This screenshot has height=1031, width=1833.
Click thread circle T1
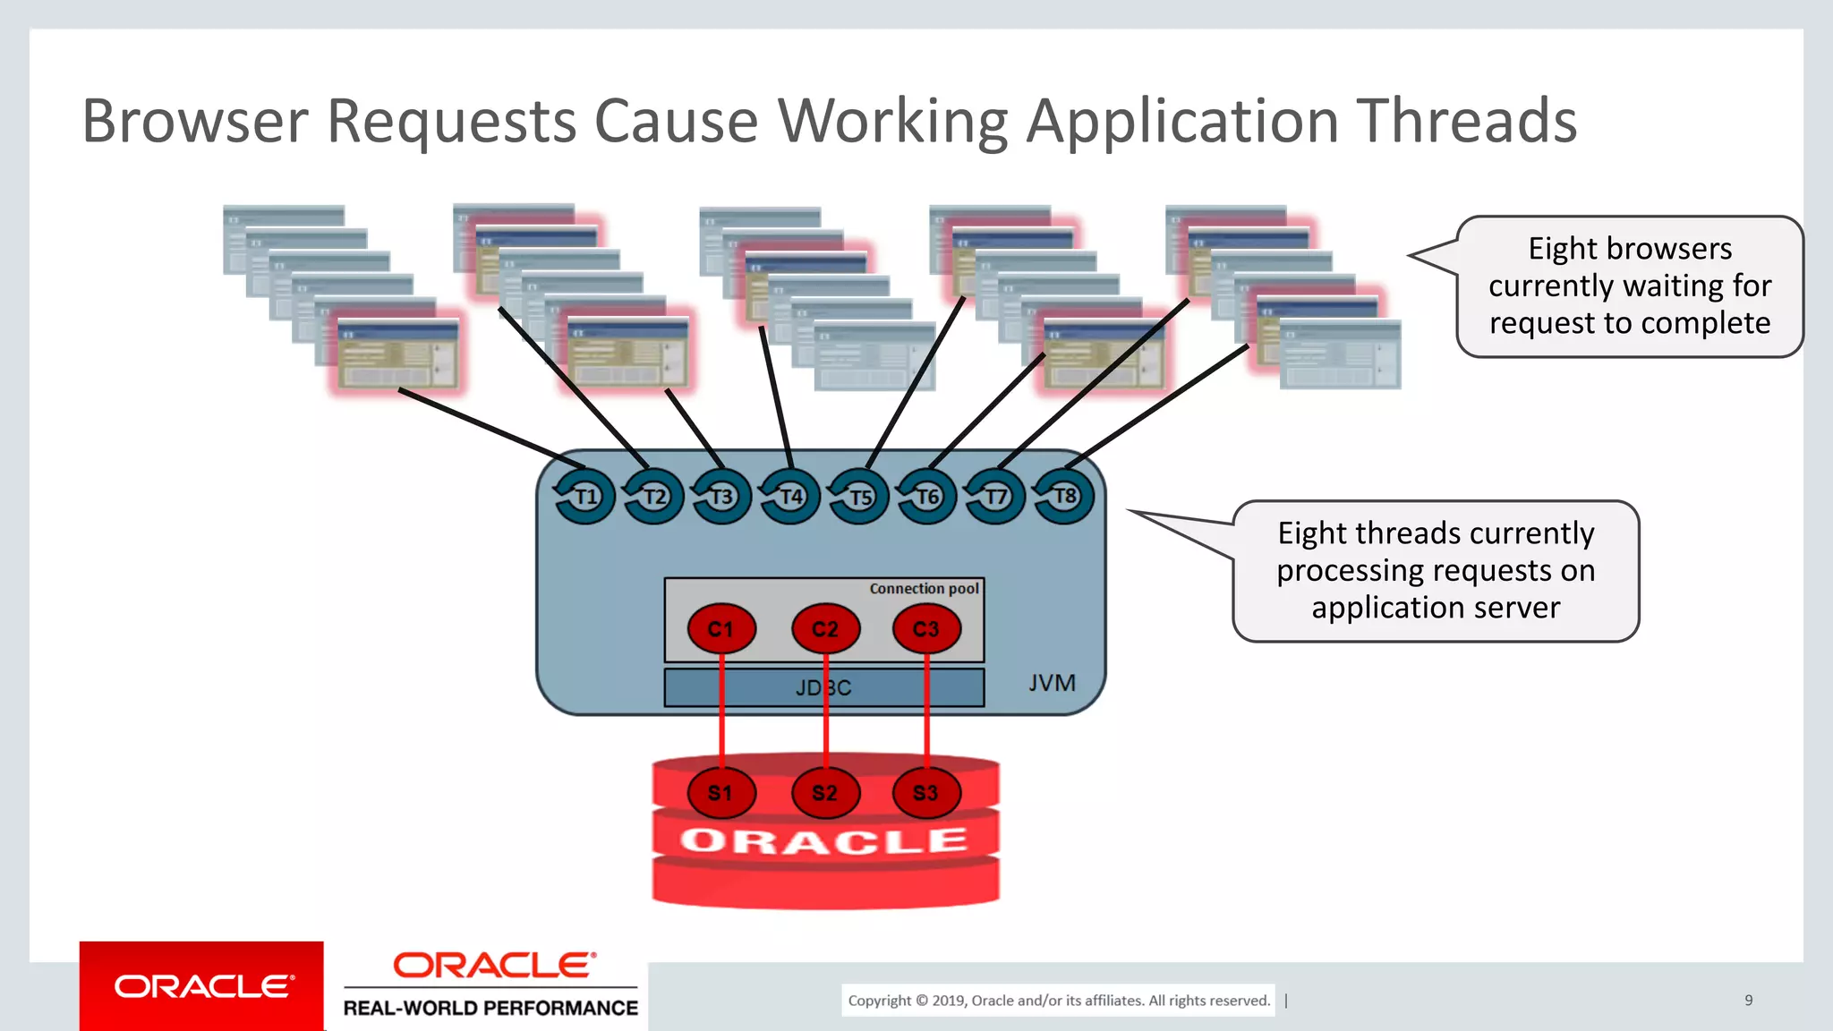coord(585,496)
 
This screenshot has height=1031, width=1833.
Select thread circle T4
coord(790,496)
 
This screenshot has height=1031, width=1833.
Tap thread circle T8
coord(1064,496)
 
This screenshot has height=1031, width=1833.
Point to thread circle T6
coord(927,496)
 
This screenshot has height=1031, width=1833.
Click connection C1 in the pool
coord(721,629)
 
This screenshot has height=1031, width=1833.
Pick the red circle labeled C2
coord(825,629)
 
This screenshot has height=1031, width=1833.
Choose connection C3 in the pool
coord(926,629)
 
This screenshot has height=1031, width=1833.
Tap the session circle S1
coord(721,793)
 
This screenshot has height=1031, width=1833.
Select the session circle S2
coord(825,793)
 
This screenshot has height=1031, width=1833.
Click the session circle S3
coord(926,793)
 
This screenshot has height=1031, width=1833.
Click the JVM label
coord(1052,684)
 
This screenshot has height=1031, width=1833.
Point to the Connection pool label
coord(924,589)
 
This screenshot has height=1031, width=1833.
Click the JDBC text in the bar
coord(823,688)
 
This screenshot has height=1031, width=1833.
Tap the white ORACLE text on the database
coord(824,841)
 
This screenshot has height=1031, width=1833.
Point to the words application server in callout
coord(1436,608)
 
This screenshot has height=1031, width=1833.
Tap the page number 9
coord(1748,1001)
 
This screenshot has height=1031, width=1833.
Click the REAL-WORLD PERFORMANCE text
coord(490,1008)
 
